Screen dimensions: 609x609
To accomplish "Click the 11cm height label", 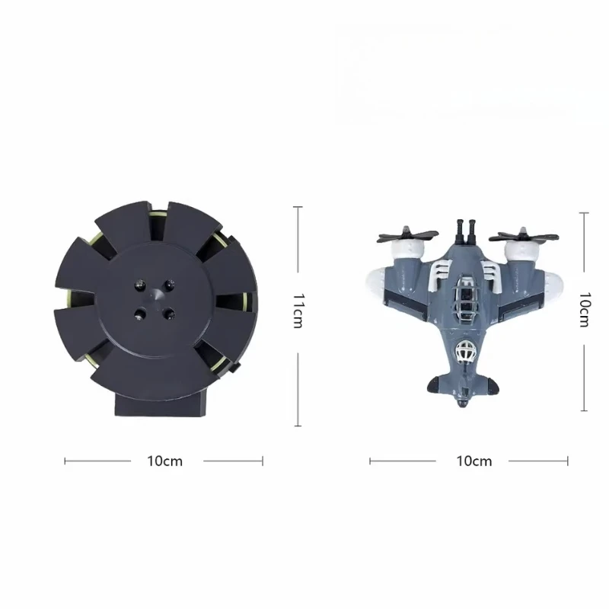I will [x=298, y=311].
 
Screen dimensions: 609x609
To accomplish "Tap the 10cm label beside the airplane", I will [x=585, y=311].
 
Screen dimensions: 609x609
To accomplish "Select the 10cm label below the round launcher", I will [x=164, y=461].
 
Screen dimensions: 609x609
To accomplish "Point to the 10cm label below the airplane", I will [x=473, y=461].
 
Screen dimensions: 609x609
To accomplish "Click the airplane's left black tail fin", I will [x=435, y=386].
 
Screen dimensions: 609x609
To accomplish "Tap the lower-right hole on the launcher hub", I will [x=168, y=312].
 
